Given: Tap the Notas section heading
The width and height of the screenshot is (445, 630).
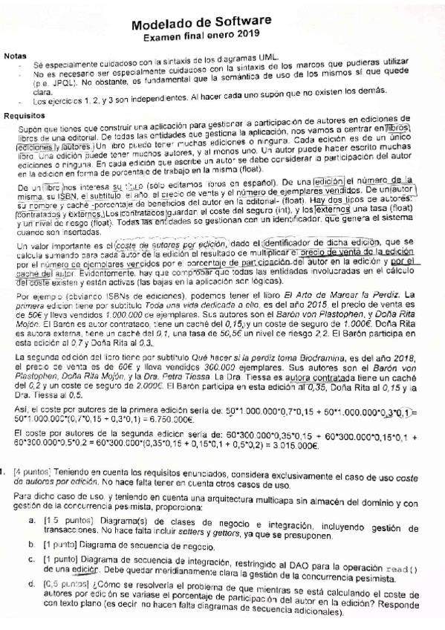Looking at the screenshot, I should pyautogui.click(x=17, y=57).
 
